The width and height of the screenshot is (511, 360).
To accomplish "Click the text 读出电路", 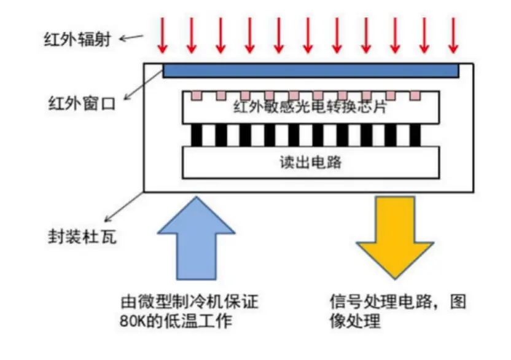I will [x=311, y=163].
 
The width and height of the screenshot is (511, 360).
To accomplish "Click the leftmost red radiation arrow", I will [x=163, y=36].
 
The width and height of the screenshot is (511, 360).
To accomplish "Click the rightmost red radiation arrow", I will [x=453, y=36].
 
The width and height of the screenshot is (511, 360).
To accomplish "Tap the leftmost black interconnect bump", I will [x=197, y=135].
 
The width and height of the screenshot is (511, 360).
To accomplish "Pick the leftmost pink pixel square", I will [x=197, y=96].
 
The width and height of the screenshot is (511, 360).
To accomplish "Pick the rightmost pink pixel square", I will [x=415, y=96].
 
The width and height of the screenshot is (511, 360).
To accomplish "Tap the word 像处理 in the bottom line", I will [x=356, y=321].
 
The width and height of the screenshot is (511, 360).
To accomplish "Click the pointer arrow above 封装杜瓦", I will [x=123, y=206].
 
